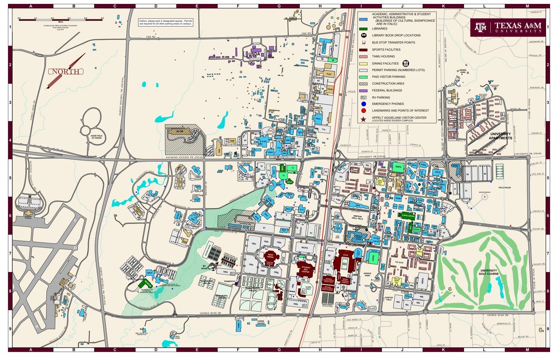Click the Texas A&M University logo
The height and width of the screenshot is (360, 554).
tap(508, 27)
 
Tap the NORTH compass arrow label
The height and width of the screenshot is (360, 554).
tap(66, 71)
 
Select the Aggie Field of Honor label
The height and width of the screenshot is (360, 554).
tap(96, 137)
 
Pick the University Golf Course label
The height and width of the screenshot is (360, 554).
tap(489, 272)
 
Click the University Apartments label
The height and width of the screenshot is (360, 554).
tap(500, 136)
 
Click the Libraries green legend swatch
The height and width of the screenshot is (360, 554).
tap(363, 29)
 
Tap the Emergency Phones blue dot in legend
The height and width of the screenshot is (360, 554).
tap(364, 104)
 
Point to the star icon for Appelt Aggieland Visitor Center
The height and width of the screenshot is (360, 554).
tap(364, 119)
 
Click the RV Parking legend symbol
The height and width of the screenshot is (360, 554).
tap(364, 97)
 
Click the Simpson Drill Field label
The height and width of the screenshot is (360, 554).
tap(358, 217)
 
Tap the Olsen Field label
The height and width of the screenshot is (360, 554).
tap(308, 288)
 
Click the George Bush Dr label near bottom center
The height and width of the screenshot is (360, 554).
tap(210, 313)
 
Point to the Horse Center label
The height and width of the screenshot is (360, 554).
tap(261, 322)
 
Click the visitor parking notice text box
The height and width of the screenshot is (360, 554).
tap(166, 22)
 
